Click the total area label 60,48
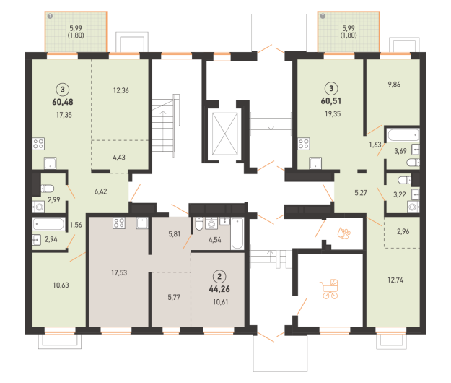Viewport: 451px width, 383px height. (63, 102)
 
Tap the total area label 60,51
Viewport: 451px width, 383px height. (331, 101)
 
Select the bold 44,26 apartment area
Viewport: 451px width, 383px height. (219, 289)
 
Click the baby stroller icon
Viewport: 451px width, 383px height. (330, 289)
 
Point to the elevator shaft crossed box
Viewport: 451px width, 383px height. (225, 134)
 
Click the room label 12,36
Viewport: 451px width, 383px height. (121, 90)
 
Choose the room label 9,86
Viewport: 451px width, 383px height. (394, 85)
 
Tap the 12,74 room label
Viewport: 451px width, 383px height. (395, 280)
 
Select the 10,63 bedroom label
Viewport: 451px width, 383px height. (61, 285)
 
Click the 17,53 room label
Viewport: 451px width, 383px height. (119, 272)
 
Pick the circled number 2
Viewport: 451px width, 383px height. (219, 277)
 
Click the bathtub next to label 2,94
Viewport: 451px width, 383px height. (49, 224)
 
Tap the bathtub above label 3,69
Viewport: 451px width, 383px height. (403, 135)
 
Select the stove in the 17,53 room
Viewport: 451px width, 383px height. (119, 223)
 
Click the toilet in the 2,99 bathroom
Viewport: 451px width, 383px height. (47, 189)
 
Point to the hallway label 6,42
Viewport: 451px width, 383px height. (101, 191)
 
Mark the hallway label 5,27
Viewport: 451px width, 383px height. (361, 193)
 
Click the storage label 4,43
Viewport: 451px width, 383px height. (119, 158)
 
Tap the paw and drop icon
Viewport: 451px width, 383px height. (344, 233)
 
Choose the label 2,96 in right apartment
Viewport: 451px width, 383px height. (403, 231)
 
